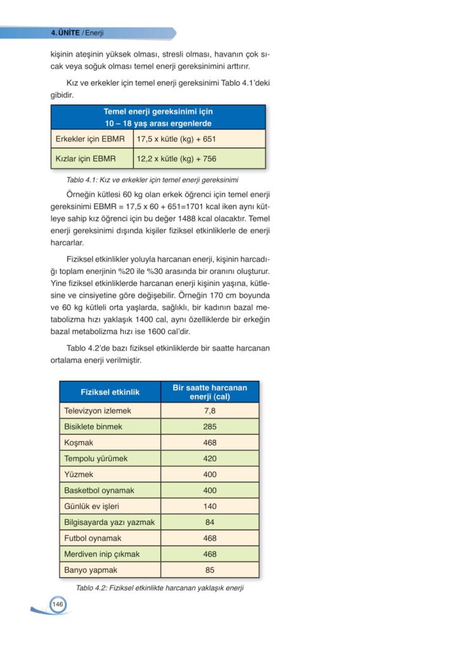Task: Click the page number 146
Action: [x=57, y=604]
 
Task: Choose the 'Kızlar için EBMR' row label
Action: [x=86, y=158]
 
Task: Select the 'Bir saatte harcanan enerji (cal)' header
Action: [x=210, y=392]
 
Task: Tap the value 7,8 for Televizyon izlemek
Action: [x=210, y=411]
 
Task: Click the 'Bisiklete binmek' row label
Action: [x=93, y=427]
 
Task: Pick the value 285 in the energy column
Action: [x=210, y=427]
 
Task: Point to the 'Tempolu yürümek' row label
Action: [x=96, y=458]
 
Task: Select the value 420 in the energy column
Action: [x=210, y=458]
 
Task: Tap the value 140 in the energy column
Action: [x=210, y=506]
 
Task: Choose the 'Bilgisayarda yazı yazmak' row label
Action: [x=109, y=522]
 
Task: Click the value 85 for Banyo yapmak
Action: [x=210, y=570]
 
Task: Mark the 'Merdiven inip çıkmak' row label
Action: [x=101, y=554]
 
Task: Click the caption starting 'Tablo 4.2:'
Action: [x=160, y=588]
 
